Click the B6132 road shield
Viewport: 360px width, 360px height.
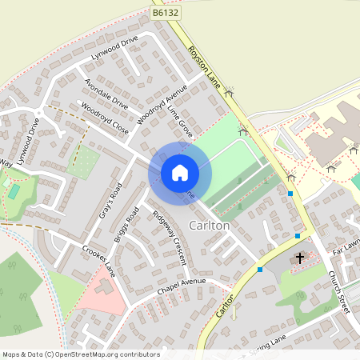[x=164, y=13]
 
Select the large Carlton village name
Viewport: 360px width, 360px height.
[x=209, y=226]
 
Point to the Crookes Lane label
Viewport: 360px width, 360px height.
[x=98, y=261]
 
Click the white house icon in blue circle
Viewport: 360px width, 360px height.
[x=180, y=172]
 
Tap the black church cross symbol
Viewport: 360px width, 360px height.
[x=300, y=258]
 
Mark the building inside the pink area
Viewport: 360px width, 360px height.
[x=105, y=286]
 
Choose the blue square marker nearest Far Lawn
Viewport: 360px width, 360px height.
[x=298, y=235]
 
